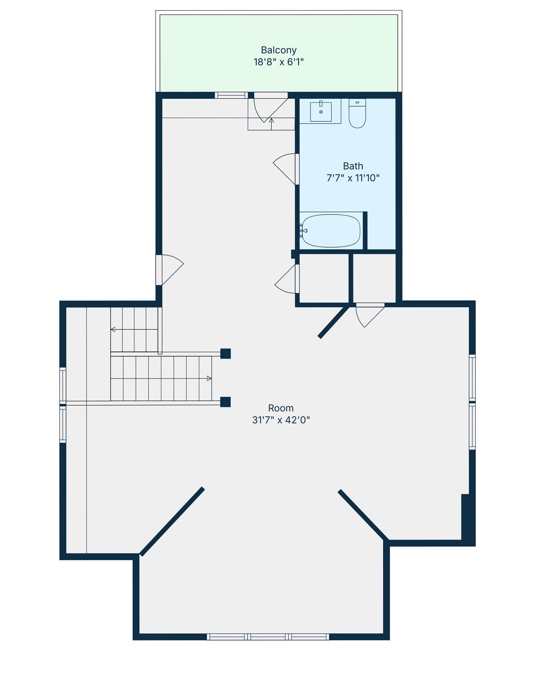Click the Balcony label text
[279, 50]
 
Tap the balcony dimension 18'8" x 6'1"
[279, 62]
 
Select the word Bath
[353, 166]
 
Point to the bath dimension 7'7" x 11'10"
[353, 178]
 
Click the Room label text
[281, 408]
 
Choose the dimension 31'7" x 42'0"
[281, 420]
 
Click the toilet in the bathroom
[357, 113]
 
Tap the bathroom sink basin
[321, 112]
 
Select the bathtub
[331, 231]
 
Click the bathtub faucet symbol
[303, 231]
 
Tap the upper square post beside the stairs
[226, 354]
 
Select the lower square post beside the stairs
[226, 402]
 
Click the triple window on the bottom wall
[268, 637]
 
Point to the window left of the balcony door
[231, 95]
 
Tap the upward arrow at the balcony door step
[271, 124]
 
